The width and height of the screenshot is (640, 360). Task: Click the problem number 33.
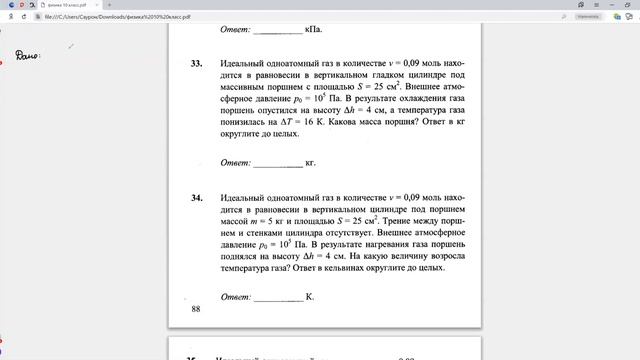196,63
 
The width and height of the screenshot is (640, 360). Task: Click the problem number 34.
196,199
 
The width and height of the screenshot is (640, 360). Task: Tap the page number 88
195,310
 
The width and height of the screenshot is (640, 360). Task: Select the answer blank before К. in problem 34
278,297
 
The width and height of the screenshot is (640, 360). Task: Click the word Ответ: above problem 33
237,29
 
